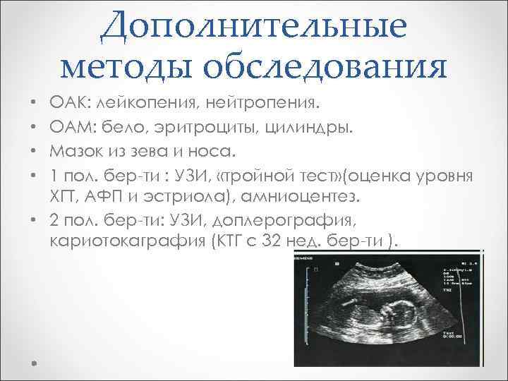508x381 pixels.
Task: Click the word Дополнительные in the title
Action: coord(253,26)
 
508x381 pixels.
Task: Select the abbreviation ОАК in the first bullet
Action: coord(67,105)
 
